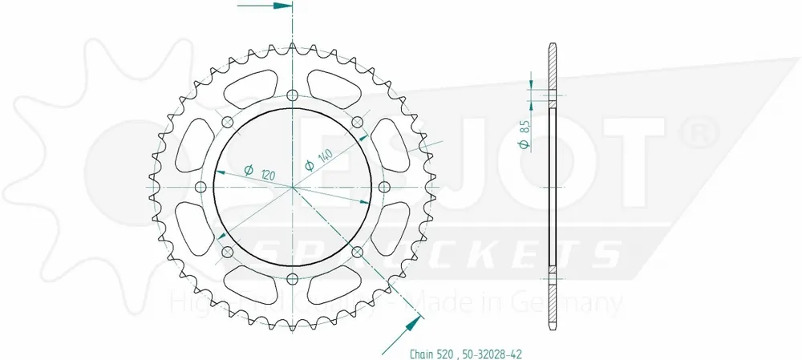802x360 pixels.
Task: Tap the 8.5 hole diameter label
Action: coord(523,127)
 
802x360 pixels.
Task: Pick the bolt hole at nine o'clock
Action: coord(200,187)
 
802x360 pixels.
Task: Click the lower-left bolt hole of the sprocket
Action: coord(227,253)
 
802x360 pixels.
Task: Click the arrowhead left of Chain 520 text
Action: coord(413,323)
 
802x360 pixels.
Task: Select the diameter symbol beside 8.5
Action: coord(523,144)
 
